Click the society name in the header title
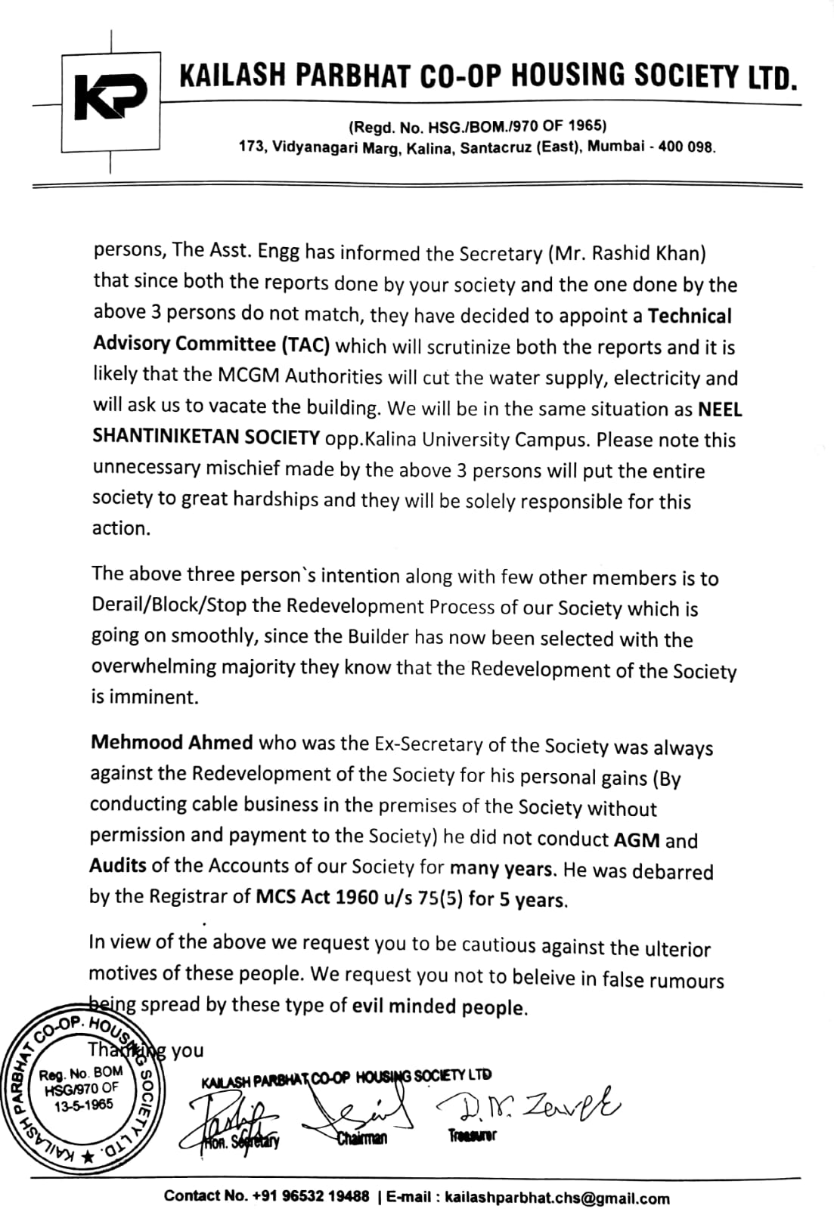(x=488, y=77)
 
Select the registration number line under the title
(x=477, y=125)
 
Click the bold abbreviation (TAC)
(x=305, y=345)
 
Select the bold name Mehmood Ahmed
(x=172, y=742)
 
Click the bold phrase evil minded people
(x=439, y=1006)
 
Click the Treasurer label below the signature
(x=472, y=1135)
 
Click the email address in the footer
(x=557, y=1197)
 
